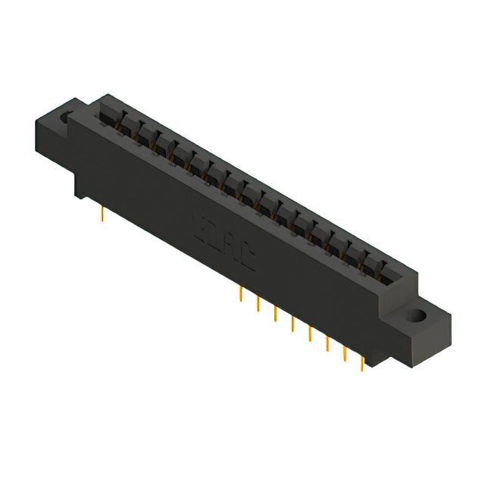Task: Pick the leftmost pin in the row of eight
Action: coord(239,295)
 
